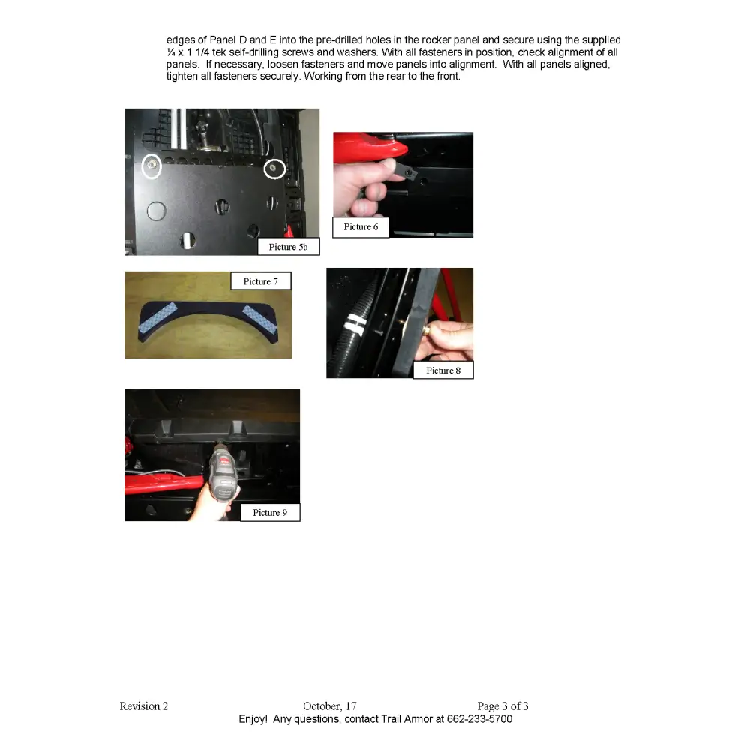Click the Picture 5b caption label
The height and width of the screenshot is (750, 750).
288,247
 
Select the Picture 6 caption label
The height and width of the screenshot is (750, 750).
361,227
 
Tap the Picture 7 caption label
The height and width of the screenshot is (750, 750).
260,281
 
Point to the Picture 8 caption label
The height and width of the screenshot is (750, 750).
443,370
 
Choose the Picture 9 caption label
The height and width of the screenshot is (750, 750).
270,513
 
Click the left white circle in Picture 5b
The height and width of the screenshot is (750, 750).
152,166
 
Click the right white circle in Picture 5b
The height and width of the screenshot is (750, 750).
275,169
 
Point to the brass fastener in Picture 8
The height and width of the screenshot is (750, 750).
424,329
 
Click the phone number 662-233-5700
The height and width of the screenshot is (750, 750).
479,719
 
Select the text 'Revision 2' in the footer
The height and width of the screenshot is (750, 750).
144,706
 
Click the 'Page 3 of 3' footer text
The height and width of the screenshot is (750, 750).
502,706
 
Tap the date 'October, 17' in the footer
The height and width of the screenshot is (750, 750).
330,706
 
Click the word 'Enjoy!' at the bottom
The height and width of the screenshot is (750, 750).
253,719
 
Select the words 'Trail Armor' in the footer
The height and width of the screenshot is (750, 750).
406,719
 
